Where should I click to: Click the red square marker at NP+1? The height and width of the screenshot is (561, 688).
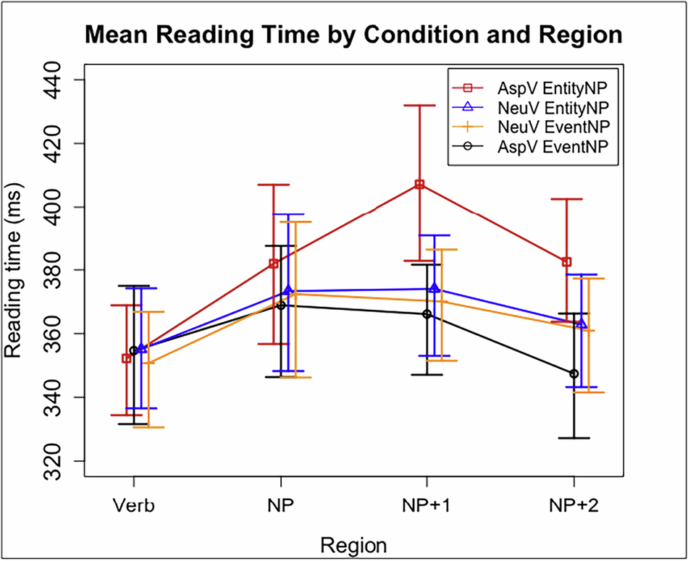click(x=419, y=185)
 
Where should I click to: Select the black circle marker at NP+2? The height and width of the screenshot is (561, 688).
click(x=574, y=374)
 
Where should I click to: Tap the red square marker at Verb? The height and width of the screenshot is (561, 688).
click(x=127, y=358)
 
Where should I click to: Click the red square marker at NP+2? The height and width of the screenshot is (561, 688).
click(x=567, y=261)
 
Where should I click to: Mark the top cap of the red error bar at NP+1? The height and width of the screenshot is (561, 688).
click(x=419, y=105)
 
